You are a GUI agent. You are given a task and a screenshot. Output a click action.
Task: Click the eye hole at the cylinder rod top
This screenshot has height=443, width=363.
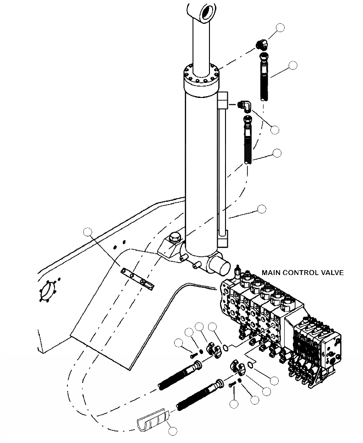pos(205,11)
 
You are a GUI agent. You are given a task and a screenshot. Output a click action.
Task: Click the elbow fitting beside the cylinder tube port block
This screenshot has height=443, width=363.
pos(247,106)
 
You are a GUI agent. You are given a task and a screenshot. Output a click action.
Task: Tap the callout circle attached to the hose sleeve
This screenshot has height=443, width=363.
pos(172,431)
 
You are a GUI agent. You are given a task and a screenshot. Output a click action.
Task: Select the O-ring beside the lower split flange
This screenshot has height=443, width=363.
pos(249,365)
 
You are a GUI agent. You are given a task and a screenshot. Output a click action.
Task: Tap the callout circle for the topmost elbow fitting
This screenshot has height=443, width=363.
pos(280,28)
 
